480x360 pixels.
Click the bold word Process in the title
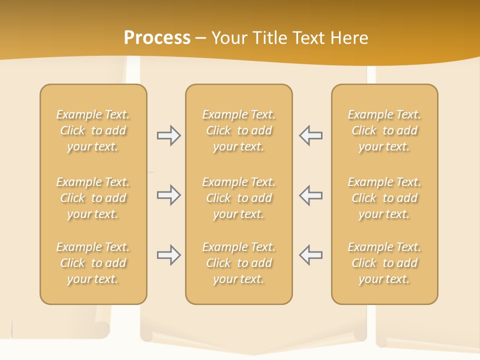pos(157,38)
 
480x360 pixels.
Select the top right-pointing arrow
pos(169,135)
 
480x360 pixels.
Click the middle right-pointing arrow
pos(169,195)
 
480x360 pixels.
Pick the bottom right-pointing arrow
pos(169,255)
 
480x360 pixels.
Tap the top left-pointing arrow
pos(310,135)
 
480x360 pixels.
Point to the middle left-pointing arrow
pos(310,195)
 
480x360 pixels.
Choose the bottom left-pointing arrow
pos(310,255)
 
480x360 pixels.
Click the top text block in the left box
pos(93,130)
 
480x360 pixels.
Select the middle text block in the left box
pos(93,198)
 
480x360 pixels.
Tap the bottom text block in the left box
pos(93,263)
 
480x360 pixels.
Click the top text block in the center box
pos(238,130)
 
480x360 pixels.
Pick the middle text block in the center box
pos(238,198)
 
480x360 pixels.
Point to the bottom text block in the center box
pos(238,263)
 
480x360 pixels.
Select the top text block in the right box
pos(384,130)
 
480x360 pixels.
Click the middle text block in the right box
pos(384,198)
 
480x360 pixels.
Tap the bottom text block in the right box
pos(384,263)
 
